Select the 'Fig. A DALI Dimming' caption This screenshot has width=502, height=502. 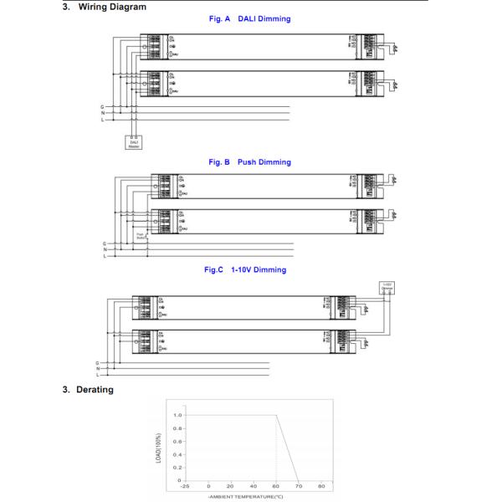[250, 18]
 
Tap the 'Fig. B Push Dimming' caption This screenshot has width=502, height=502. [250, 161]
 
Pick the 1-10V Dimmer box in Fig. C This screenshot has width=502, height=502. [387, 289]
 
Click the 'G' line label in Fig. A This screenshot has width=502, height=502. [102, 107]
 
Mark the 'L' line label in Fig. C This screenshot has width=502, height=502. [99, 375]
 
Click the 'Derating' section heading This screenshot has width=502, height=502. [94, 389]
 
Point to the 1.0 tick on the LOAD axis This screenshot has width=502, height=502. [177, 415]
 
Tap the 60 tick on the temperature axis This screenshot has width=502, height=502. [276, 485]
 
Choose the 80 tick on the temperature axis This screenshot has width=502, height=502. [321, 485]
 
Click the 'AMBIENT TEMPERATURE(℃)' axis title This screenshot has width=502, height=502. [246, 496]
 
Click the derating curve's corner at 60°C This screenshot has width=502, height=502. [276, 415]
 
